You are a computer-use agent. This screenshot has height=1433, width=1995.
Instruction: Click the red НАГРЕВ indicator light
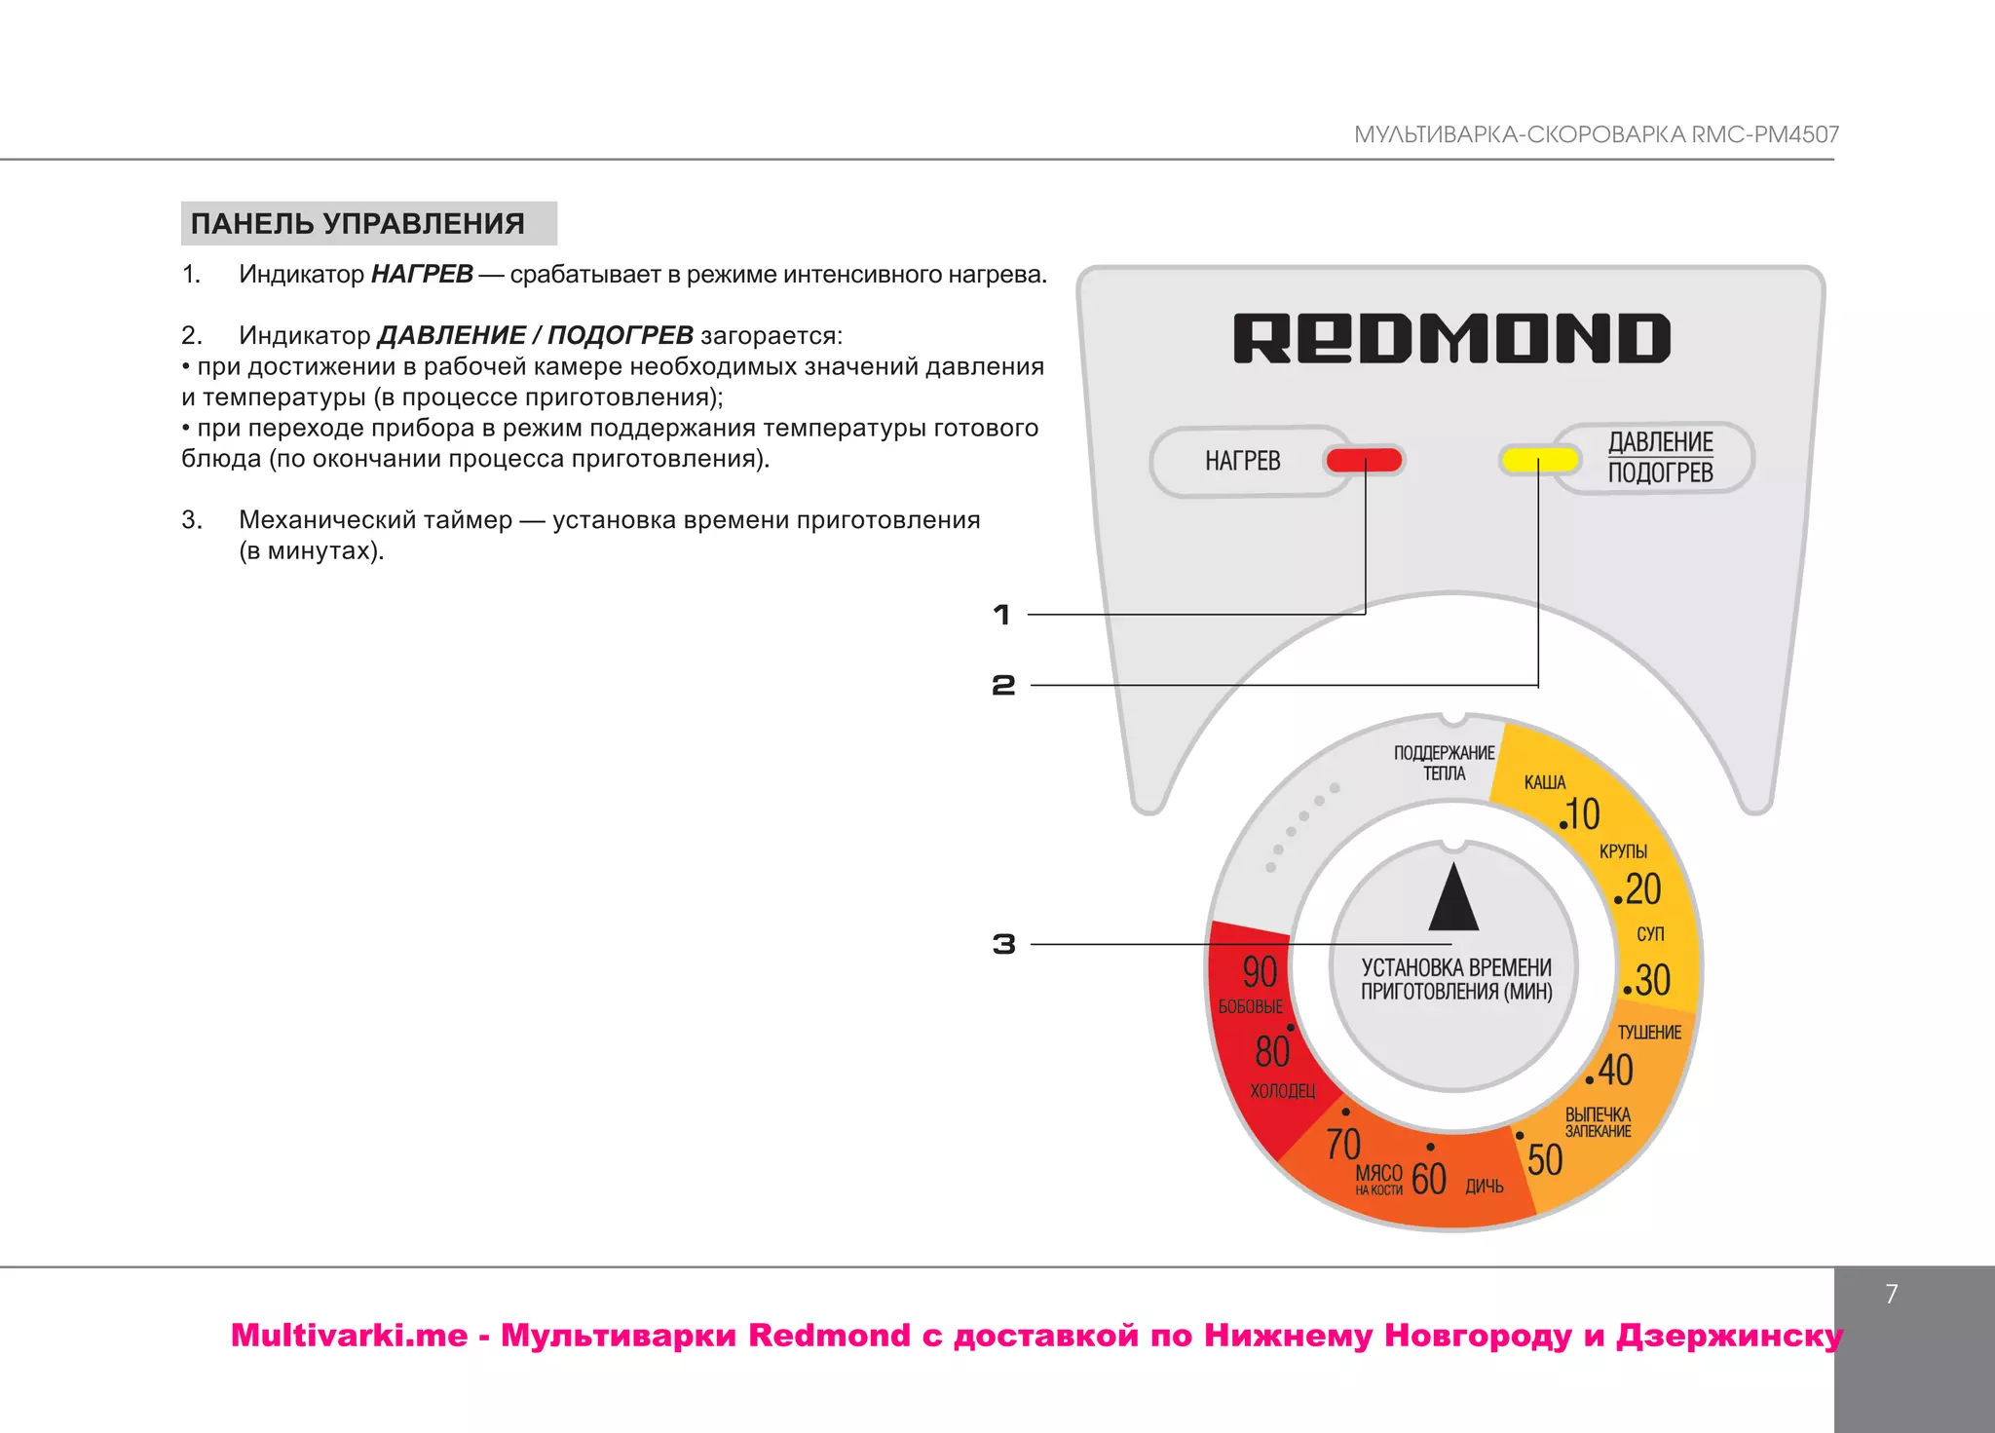pyautogui.click(x=1364, y=460)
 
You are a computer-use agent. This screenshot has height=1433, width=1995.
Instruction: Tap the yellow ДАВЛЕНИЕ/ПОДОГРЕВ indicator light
pyautogui.click(x=1539, y=459)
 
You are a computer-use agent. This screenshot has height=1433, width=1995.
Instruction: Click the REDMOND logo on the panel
pyautogui.click(x=1451, y=338)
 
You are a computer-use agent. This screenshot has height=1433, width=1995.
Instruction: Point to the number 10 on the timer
pyautogui.click(x=1582, y=814)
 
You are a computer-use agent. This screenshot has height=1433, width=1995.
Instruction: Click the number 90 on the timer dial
pyautogui.click(x=1260, y=971)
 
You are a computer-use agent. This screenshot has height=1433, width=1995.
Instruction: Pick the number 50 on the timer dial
pyautogui.click(x=1545, y=1160)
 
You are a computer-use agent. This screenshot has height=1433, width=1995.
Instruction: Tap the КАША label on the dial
pyautogui.click(x=1545, y=782)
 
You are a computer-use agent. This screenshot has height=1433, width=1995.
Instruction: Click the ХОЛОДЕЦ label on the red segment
pyautogui.click(x=1283, y=1091)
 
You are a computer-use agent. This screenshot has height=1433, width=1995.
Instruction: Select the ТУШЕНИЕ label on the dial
pyautogui.click(x=1649, y=1033)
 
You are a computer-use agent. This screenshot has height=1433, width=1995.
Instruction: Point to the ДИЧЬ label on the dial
pyautogui.click(x=1485, y=1186)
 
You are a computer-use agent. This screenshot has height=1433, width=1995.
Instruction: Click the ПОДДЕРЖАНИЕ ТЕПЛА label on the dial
pyautogui.click(x=1444, y=763)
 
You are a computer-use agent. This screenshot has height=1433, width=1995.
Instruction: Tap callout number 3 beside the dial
pyautogui.click(x=1003, y=944)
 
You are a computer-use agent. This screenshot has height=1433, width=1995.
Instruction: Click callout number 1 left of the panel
pyautogui.click(x=1001, y=615)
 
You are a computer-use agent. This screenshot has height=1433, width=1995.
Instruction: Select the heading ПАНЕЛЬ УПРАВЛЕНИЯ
pyautogui.click(x=358, y=223)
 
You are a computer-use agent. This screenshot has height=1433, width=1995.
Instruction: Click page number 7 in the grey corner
pyautogui.click(x=1891, y=1294)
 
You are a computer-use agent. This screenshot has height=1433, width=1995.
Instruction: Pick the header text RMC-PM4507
pyautogui.click(x=1764, y=134)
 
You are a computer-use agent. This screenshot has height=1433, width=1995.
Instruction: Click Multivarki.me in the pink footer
pyautogui.click(x=349, y=1335)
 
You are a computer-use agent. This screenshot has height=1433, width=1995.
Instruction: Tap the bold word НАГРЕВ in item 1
pyautogui.click(x=422, y=274)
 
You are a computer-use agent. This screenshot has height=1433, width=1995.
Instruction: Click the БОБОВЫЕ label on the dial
pyautogui.click(x=1251, y=1006)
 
